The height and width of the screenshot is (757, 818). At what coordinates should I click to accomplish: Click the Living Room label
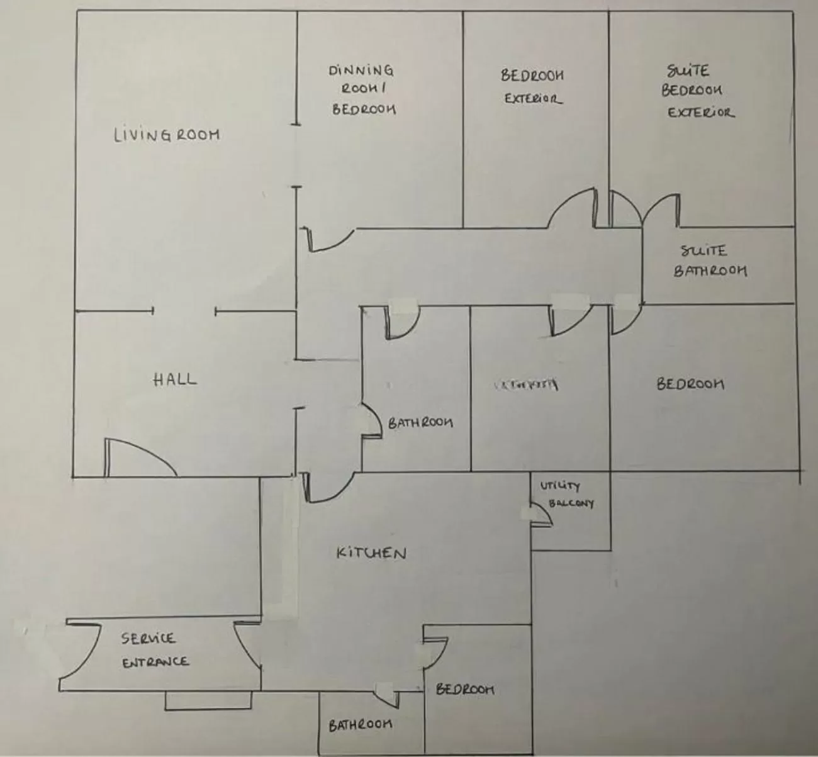(167, 135)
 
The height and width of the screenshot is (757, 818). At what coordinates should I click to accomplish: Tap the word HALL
(175, 379)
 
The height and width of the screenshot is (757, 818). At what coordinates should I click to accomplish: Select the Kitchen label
(372, 553)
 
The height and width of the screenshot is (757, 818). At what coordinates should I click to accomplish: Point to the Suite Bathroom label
(709, 261)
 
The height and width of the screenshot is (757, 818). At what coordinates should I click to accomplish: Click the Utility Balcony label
(567, 495)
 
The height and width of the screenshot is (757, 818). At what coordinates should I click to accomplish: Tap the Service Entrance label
(154, 650)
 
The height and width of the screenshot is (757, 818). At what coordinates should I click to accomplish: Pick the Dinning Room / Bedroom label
(362, 89)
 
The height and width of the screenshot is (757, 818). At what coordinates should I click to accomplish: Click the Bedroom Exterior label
(532, 86)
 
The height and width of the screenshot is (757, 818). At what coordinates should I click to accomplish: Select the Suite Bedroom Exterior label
(695, 91)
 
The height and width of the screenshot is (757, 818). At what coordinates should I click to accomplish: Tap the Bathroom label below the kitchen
(361, 725)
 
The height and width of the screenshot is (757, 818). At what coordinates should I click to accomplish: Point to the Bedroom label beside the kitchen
(465, 689)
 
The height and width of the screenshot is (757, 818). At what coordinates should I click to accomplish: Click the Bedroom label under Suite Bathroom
(690, 383)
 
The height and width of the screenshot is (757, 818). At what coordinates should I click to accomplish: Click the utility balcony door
(541, 513)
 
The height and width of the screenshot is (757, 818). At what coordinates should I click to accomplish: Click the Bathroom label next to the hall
(420, 422)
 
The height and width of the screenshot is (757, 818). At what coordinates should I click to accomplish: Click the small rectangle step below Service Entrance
(208, 700)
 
